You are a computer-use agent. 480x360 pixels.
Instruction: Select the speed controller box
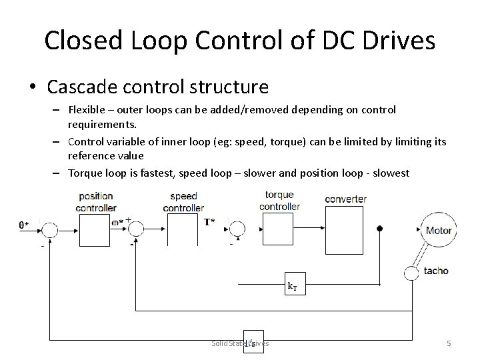183,229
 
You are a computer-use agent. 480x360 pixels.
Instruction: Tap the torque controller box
279,229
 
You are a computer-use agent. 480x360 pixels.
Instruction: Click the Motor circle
439,231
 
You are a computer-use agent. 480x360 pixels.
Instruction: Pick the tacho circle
411,272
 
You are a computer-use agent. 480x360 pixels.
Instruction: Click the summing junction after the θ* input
49,230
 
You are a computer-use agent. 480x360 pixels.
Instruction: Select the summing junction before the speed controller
136,229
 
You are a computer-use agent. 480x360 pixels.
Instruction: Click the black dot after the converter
380,229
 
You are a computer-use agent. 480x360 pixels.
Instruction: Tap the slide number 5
449,343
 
